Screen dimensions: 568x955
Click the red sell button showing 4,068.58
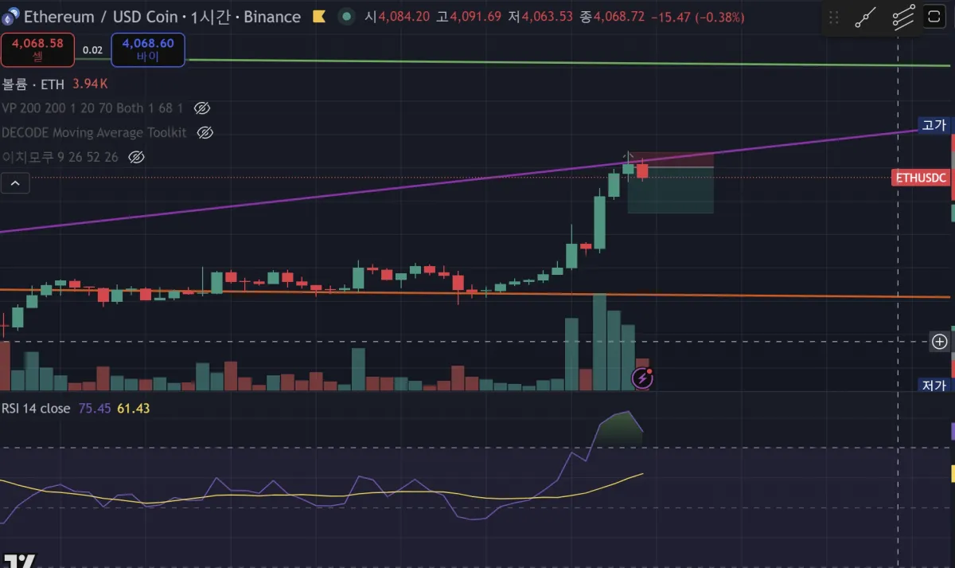(x=37, y=49)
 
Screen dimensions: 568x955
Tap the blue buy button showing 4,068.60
(x=148, y=49)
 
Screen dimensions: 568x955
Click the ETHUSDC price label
(x=921, y=178)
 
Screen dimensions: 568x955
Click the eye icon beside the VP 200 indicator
(x=202, y=108)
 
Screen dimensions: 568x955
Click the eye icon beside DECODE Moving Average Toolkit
(x=205, y=133)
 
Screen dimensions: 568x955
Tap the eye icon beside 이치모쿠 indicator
(x=136, y=158)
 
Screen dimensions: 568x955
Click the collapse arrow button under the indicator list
(x=15, y=184)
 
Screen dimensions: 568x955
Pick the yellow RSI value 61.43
(x=134, y=409)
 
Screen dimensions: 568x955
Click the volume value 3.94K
(x=90, y=84)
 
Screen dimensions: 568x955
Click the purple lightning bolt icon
(x=642, y=378)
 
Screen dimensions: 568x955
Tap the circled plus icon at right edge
(x=940, y=342)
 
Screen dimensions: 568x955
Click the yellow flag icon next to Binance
(x=318, y=17)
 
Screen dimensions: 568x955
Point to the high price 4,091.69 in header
(x=475, y=17)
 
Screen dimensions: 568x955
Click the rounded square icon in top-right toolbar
(x=933, y=18)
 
